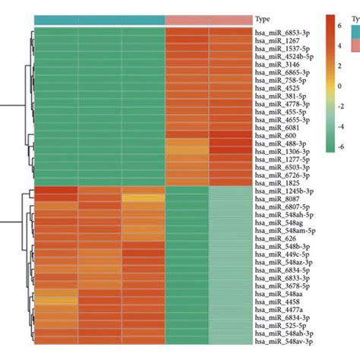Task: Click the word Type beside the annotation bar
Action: click(264, 20)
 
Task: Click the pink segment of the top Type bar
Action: click(208, 20)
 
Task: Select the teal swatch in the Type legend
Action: click(355, 30)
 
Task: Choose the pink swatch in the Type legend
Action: click(355, 45)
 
